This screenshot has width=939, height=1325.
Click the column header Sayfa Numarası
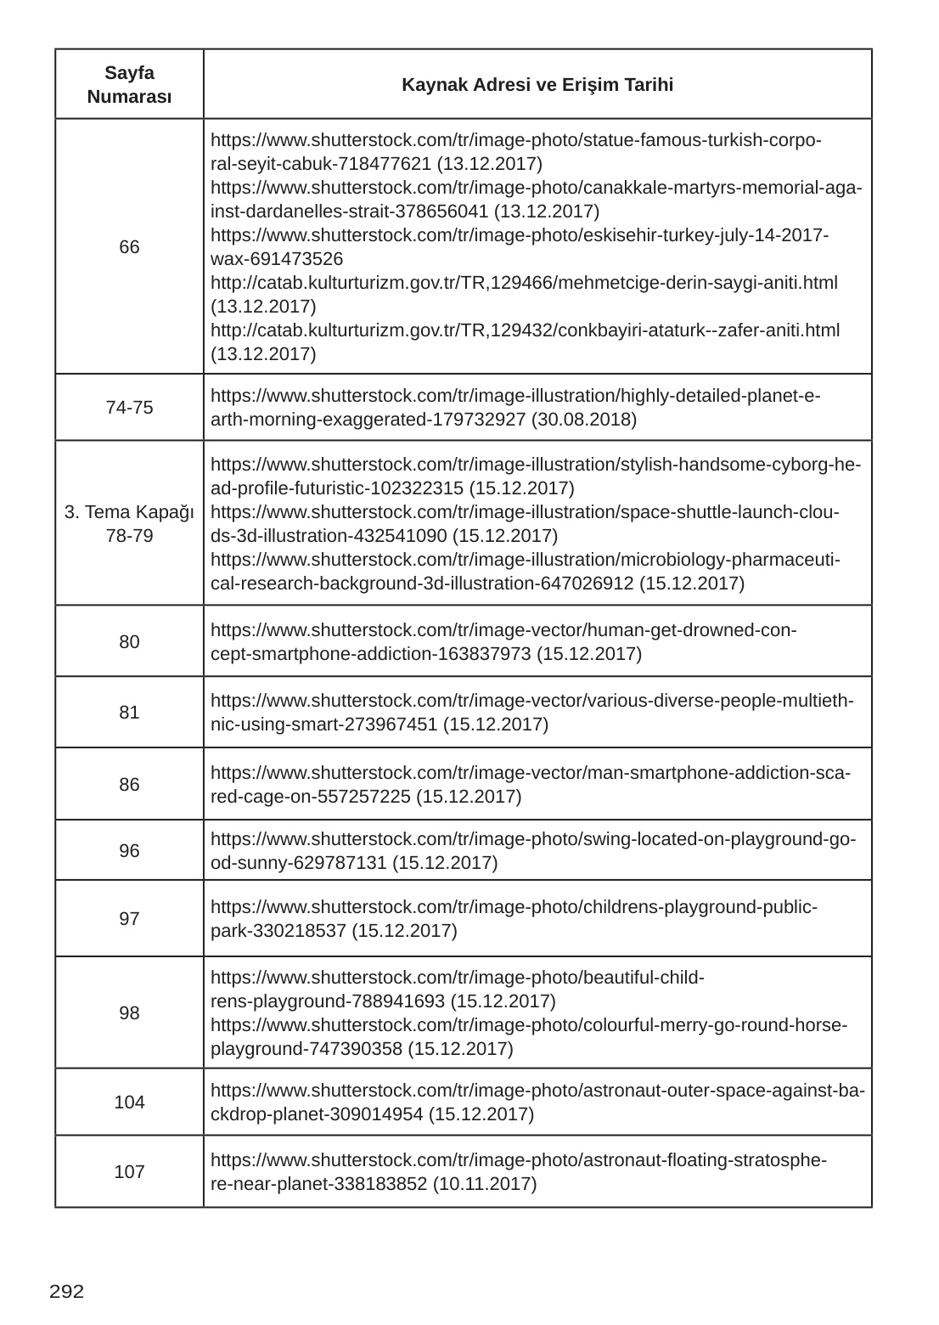pos(129,84)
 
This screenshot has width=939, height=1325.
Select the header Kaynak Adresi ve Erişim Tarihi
pos(537,85)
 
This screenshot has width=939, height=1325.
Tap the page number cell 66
pos(129,247)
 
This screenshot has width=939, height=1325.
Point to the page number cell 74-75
pos(129,408)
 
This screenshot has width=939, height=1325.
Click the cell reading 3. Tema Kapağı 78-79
pos(129,524)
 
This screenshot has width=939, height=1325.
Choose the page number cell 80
pos(129,642)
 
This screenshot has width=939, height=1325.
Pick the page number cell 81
pos(129,713)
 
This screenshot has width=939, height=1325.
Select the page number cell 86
pos(129,785)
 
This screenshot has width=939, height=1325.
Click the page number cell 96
pos(129,851)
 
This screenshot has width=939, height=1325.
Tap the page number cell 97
pos(129,919)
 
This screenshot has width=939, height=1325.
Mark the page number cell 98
pos(129,1013)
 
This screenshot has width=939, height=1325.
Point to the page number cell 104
pos(129,1102)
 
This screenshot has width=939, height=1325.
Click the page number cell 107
pos(129,1172)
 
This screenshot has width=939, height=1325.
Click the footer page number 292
pos(67,1293)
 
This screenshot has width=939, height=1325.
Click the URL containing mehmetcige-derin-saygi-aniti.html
pos(524,282)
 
